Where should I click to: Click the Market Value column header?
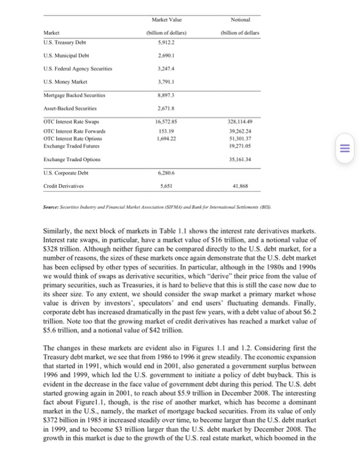click(161, 12)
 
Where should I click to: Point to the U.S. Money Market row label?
click(64, 84)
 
